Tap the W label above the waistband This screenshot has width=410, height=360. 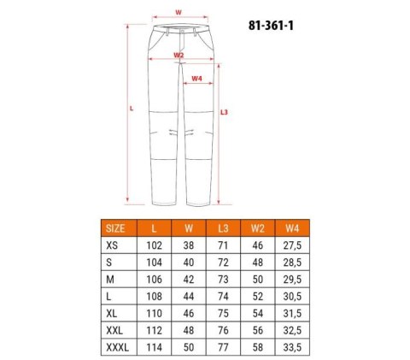(x=177, y=12)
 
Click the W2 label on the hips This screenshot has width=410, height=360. (x=179, y=55)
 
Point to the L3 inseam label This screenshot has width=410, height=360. (x=224, y=112)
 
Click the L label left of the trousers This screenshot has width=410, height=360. (x=130, y=109)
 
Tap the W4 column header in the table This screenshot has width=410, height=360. (x=291, y=228)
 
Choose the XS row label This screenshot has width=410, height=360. (x=112, y=245)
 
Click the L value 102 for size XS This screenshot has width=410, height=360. (x=155, y=245)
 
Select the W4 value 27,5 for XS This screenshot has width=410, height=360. (x=291, y=245)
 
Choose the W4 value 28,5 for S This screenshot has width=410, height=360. (x=291, y=261)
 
